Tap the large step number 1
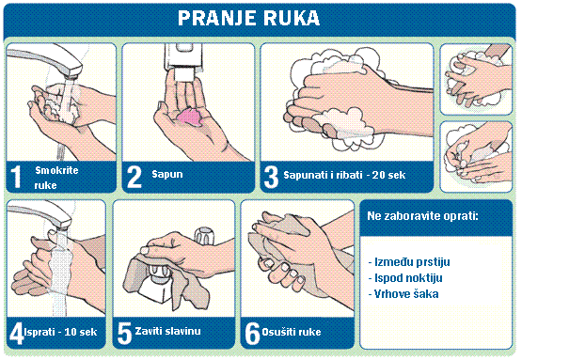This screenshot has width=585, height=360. [17, 177]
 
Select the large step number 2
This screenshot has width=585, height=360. [134, 177]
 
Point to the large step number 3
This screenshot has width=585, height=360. [271, 177]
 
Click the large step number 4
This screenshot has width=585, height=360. [17, 333]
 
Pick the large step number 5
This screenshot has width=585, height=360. [125, 333]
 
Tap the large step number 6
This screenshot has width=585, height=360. [253, 333]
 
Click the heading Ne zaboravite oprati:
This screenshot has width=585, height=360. [423, 216]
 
